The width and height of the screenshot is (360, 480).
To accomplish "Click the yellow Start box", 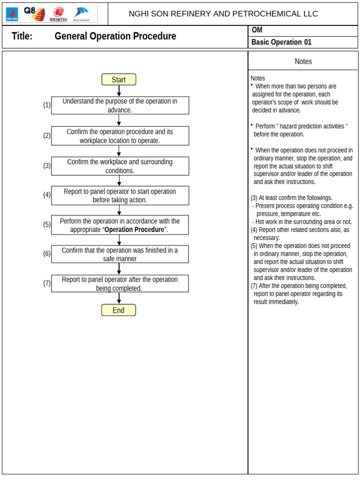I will [x=119, y=80].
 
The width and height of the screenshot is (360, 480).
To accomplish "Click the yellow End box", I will [x=119, y=310].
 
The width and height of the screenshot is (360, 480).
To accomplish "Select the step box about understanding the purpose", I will [x=120, y=105].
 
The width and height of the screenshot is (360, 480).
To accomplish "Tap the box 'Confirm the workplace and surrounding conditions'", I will [x=120, y=166].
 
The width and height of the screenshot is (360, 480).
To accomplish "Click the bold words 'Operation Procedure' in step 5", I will [x=134, y=230].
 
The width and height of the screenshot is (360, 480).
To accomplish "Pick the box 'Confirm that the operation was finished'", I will [x=120, y=254].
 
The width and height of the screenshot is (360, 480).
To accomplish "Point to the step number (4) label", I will [x=47, y=195].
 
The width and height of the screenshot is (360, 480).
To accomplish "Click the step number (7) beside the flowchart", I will [x=47, y=283].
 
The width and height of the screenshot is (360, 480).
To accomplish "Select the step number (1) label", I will [x=47, y=105].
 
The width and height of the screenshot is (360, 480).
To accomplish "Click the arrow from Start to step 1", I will [x=119, y=91].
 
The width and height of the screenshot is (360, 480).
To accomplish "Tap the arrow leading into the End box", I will [x=119, y=298].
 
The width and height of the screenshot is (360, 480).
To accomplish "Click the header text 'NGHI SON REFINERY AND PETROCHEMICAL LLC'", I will [x=223, y=14].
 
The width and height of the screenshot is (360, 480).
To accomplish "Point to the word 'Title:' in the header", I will [x=22, y=37].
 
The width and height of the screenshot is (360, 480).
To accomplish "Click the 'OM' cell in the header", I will [x=257, y=30].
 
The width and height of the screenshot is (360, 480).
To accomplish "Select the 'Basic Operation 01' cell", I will [x=281, y=42].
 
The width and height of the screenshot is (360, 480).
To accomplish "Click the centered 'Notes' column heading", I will [x=303, y=61].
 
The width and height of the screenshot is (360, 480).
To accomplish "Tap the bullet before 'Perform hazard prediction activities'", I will [x=252, y=125].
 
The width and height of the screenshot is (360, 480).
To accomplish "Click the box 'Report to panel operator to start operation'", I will [x=120, y=195].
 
